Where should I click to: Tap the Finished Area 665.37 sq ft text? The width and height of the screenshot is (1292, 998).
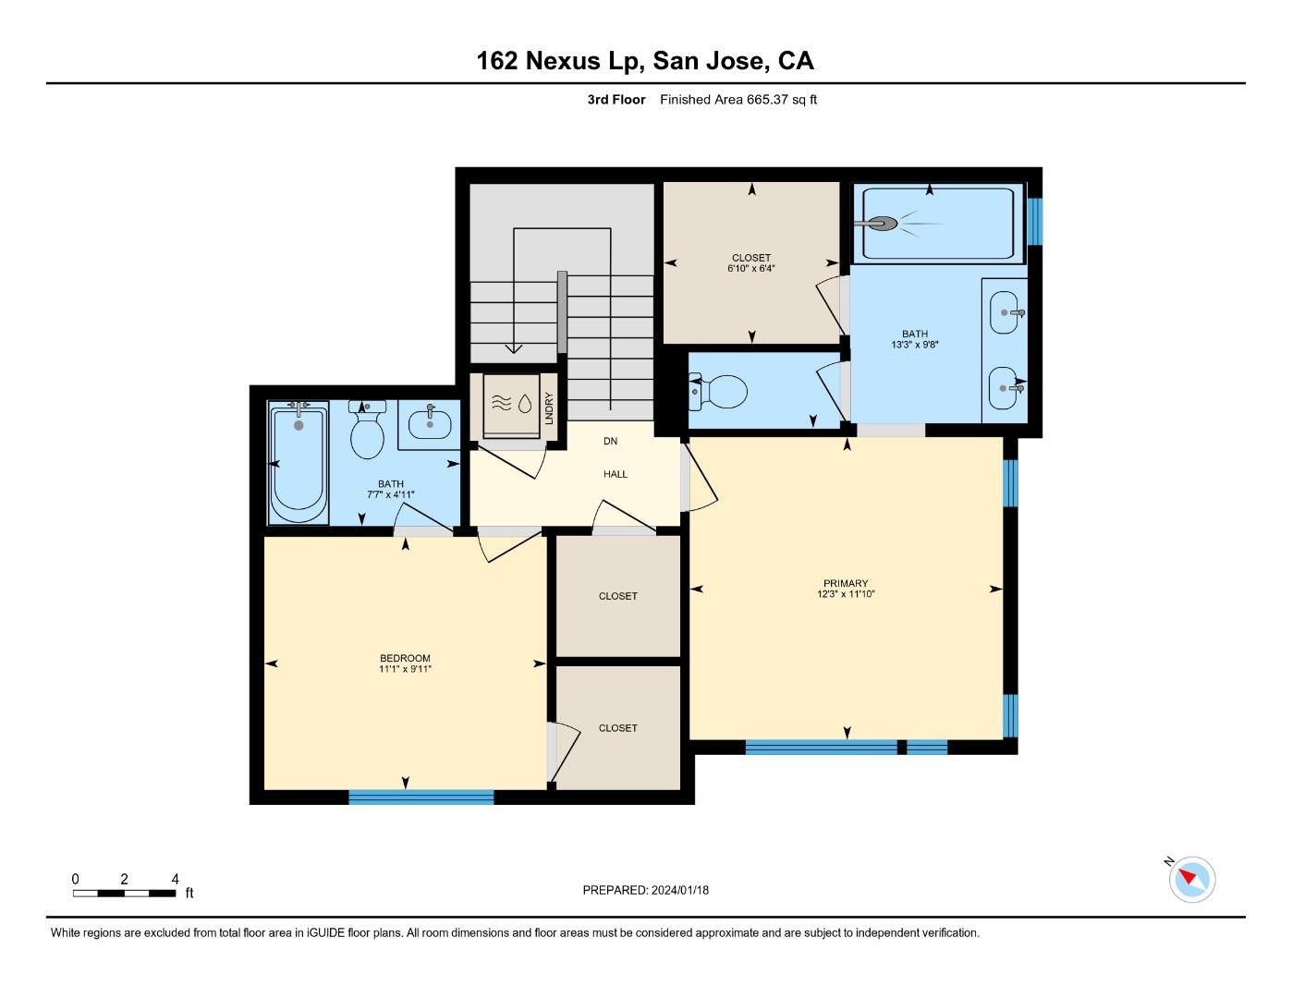[737, 100]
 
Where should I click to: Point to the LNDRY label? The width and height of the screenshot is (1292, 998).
[549, 406]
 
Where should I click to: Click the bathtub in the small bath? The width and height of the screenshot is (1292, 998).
[299, 462]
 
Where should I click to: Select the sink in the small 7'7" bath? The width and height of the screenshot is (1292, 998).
[430, 424]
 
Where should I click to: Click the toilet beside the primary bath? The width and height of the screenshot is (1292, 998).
[718, 392]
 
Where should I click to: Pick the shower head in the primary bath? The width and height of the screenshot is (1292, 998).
[878, 224]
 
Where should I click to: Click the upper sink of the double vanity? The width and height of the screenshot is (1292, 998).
[1005, 312]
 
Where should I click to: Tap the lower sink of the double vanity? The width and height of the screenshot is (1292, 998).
[1005, 389]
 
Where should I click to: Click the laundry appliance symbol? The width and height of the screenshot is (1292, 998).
[511, 404]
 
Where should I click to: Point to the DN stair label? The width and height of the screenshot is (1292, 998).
[610, 442]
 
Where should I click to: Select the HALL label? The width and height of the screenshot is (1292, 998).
[616, 474]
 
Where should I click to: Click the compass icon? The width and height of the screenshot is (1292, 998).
[1191, 879]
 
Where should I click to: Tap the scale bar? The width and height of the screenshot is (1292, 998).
[125, 893]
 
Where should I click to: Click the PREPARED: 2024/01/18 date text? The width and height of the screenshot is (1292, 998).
[645, 890]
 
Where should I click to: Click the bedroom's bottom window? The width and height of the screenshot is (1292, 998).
[421, 797]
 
